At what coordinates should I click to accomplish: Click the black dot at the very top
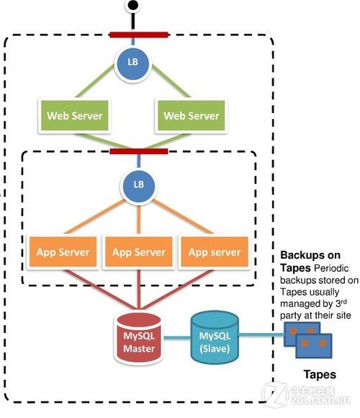[x=132, y=6]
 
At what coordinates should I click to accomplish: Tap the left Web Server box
[x=75, y=115]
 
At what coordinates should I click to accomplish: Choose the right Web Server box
[x=191, y=115]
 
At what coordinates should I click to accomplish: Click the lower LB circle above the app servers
[x=139, y=184]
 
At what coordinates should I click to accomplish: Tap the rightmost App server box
[x=214, y=252]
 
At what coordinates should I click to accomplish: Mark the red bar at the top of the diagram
[x=139, y=33]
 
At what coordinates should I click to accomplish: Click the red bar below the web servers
[x=139, y=151]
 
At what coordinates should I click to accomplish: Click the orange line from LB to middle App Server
[x=140, y=216]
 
